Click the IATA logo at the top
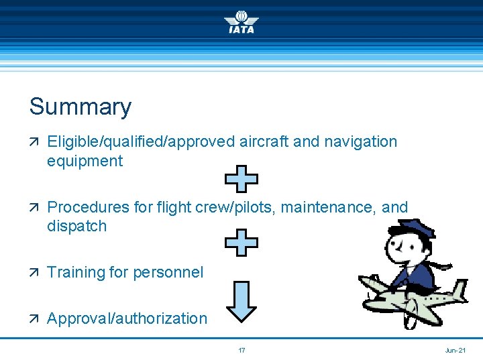(241, 22)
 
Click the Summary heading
(80, 107)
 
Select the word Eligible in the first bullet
(69, 141)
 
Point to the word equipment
(85, 162)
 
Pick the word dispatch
(76, 226)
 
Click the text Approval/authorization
(127, 318)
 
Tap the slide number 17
(241, 351)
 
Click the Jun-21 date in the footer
(455, 351)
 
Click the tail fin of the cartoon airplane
(458, 292)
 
